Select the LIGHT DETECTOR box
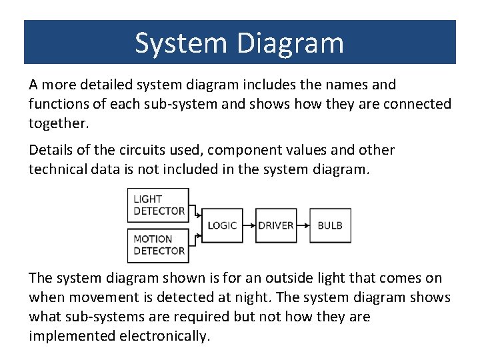[x=159, y=205]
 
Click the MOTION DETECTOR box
[x=159, y=245]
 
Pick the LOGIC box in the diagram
[x=222, y=225]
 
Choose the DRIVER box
[x=275, y=225]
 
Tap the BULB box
[x=330, y=225]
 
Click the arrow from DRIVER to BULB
[x=303, y=225]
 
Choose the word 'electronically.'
[x=165, y=336]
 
